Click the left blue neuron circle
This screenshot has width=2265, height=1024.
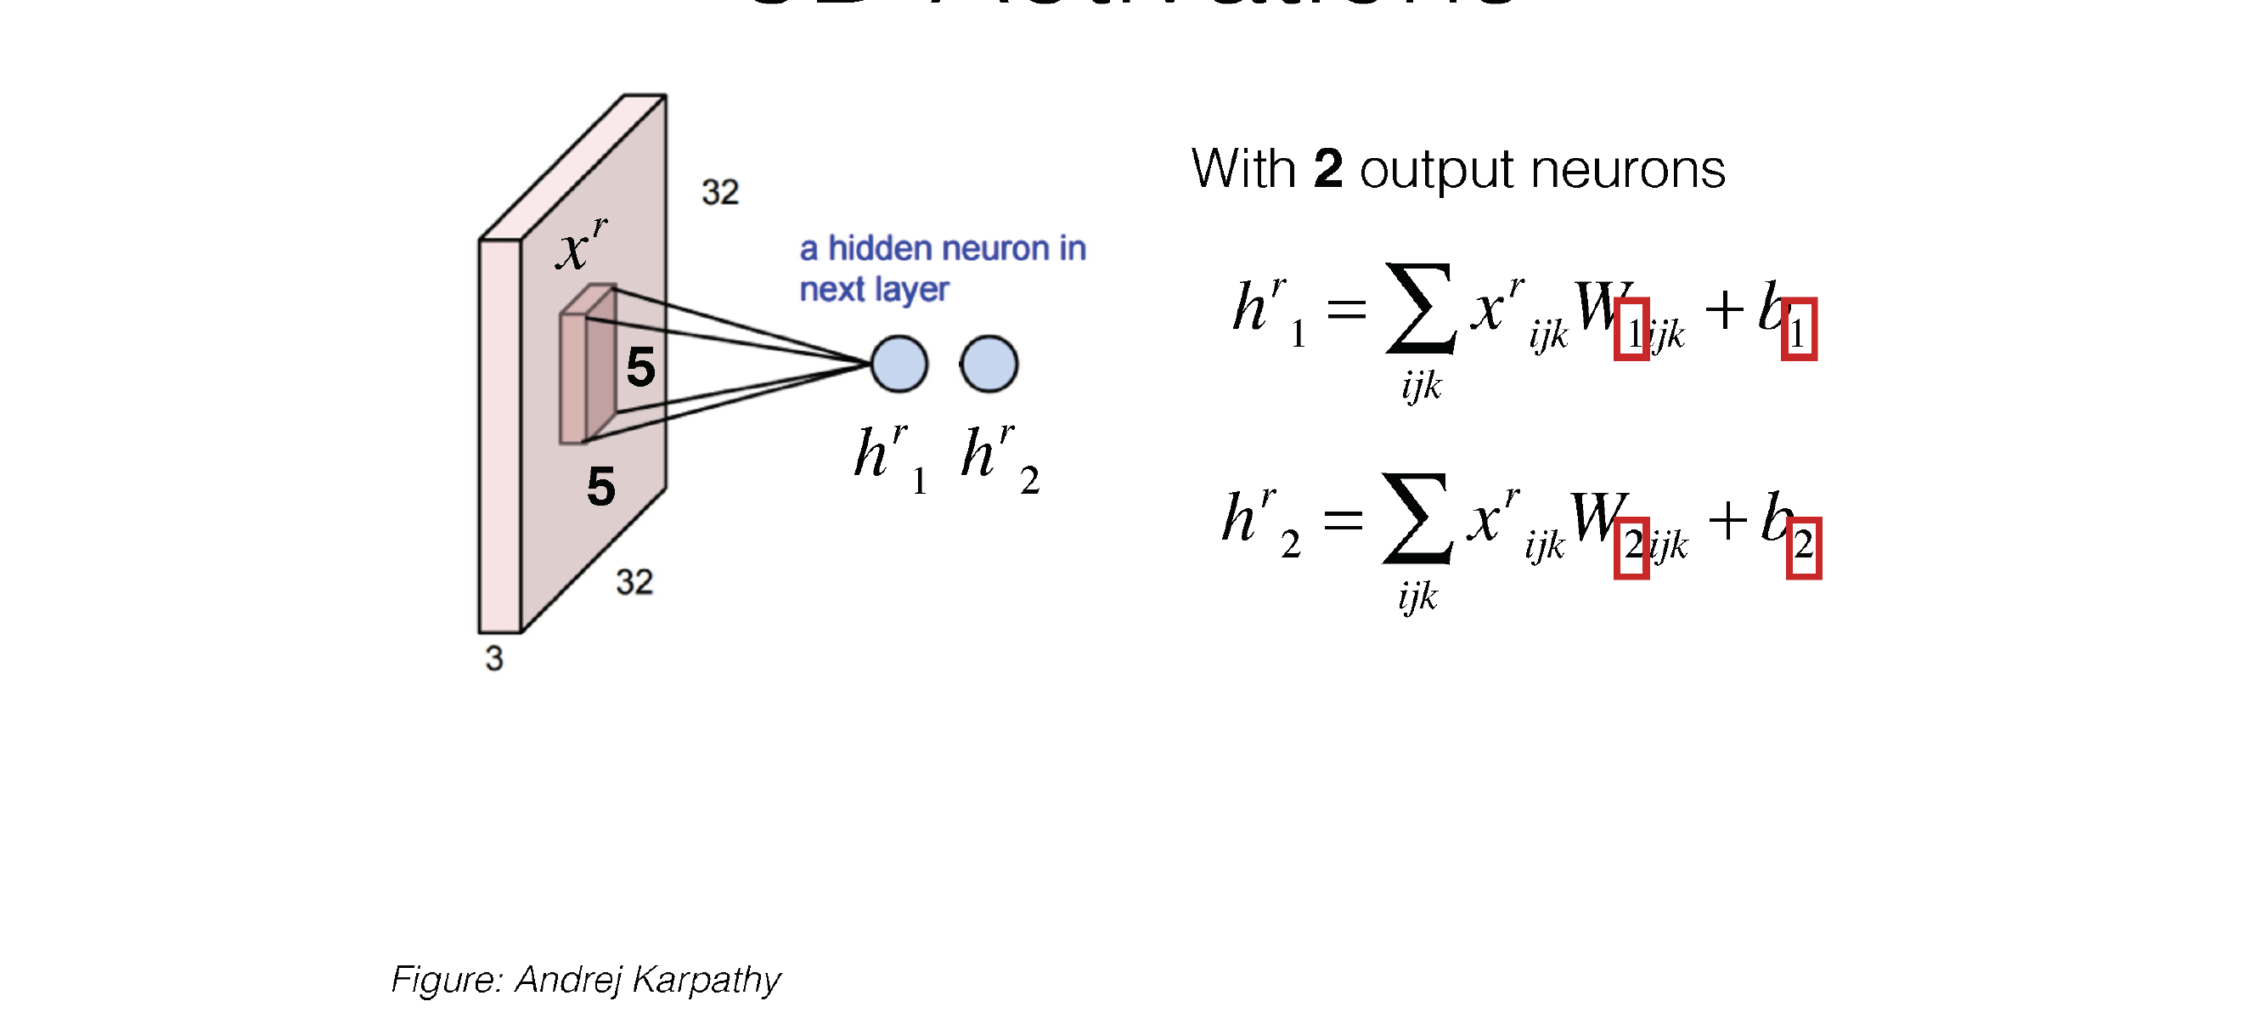click(x=899, y=364)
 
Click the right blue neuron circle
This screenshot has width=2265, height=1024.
click(x=989, y=364)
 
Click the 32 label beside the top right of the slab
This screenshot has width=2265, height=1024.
click(x=720, y=192)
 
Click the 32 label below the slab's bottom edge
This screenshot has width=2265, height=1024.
click(x=634, y=581)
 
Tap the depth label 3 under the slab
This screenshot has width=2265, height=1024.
click(x=494, y=658)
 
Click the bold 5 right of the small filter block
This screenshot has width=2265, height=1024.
click(x=641, y=367)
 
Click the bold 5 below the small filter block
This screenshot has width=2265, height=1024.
click(x=601, y=486)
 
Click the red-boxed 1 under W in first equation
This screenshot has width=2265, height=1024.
click(x=1632, y=330)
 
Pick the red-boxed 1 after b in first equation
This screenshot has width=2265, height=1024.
click(x=1799, y=330)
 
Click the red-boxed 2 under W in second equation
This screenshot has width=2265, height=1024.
click(x=1632, y=548)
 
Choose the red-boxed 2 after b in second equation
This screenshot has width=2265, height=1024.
click(x=1803, y=548)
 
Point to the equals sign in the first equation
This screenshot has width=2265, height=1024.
click(x=1346, y=308)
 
